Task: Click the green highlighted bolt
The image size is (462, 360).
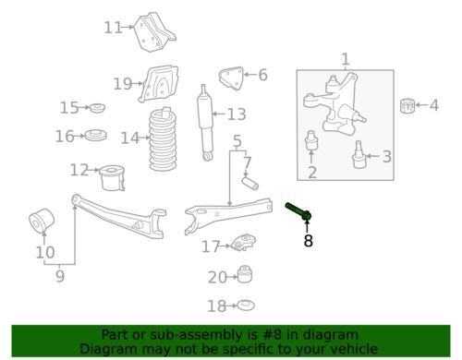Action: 298,211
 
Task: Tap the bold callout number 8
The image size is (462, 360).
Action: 308,241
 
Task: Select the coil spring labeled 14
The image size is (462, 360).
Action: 163,139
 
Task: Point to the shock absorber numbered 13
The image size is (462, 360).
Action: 205,123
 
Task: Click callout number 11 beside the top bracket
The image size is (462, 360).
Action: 113,28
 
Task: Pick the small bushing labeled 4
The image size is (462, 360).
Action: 407,106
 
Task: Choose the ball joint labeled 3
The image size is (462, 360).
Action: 358,155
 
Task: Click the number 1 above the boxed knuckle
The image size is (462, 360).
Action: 346,59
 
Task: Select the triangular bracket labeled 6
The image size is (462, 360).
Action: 231,78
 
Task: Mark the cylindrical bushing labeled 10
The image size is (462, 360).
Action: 42,221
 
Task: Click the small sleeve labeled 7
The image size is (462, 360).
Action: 249,183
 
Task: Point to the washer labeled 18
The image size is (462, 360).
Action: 246,305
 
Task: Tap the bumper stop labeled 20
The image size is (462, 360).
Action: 245,274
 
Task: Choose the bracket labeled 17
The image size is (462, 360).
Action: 243,243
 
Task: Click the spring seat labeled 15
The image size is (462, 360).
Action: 97,108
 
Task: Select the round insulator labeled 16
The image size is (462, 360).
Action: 96,135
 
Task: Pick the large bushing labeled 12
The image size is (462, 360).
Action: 113,178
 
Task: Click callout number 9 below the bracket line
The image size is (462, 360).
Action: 60,276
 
